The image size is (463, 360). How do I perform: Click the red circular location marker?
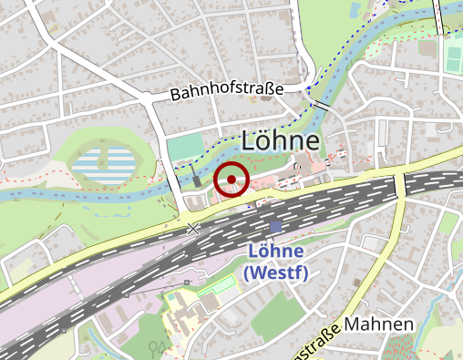(232, 179)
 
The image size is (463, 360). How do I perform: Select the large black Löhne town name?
(281, 141)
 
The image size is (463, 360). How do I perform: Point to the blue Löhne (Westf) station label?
(276, 262)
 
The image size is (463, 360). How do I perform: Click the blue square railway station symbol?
(276, 227)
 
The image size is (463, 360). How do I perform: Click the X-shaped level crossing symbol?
(193, 230)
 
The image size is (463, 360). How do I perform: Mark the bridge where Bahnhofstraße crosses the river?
(320, 106)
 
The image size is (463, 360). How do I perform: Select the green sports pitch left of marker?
(186, 147)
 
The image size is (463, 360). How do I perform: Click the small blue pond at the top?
(355, 10)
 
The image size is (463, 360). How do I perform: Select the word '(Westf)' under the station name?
(276, 273)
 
